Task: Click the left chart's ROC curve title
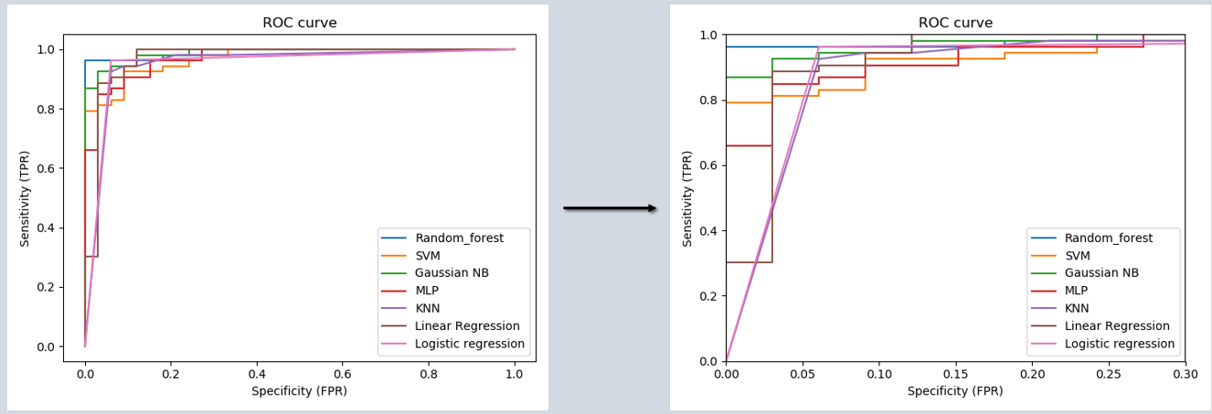(x=299, y=23)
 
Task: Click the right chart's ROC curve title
(x=954, y=23)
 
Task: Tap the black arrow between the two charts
(x=610, y=208)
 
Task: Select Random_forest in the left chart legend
(x=459, y=239)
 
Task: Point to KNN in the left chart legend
(x=430, y=309)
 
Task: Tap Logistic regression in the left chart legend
(x=470, y=344)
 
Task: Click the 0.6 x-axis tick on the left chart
(x=342, y=373)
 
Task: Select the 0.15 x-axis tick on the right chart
(x=955, y=373)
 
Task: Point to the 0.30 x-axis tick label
(x=1185, y=373)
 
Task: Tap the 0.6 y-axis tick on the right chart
(x=709, y=165)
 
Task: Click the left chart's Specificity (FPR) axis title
(x=299, y=391)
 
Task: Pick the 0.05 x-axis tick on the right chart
(x=803, y=373)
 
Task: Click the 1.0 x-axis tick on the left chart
(x=514, y=373)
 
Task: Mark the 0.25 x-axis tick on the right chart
(x=1109, y=373)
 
